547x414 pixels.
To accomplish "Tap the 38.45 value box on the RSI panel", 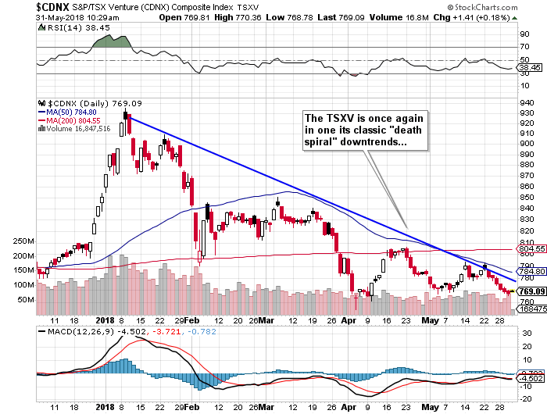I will [x=531, y=68].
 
